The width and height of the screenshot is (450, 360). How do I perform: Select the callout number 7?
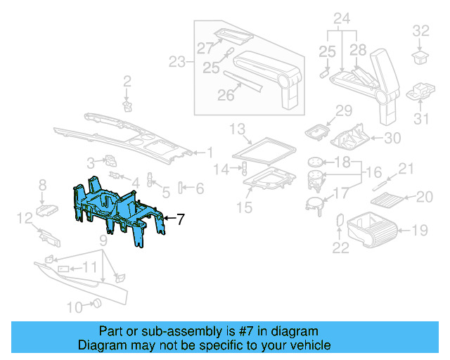point(180,219)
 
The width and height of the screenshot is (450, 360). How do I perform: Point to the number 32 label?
point(420,30)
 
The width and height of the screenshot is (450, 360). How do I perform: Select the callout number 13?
point(236,129)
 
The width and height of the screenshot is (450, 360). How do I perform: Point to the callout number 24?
point(342,18)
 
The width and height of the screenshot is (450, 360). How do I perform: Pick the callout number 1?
point(209,152)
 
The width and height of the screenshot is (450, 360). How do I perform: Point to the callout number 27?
point(204,49)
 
